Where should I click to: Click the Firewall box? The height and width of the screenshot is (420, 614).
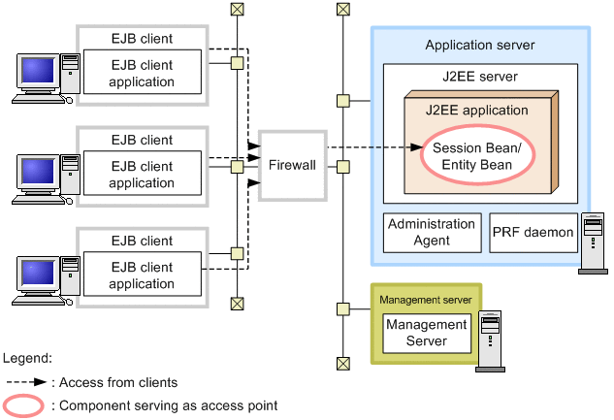click(292, 165)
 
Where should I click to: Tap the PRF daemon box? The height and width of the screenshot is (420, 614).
click(532, 233)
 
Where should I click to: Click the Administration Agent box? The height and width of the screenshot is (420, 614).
click(432, 233)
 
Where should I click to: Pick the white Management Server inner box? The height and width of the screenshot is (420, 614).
click(427, 334)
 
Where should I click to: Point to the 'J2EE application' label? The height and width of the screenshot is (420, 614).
click(476, 111)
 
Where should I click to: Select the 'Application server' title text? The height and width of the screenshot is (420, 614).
click(479, 46)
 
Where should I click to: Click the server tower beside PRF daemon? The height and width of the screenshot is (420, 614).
click(591, 243)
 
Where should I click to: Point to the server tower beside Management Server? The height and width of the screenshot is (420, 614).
click(489, 342)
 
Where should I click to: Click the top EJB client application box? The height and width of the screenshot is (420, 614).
click(142, 74)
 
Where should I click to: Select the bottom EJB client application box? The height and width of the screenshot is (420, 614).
click(142, 275)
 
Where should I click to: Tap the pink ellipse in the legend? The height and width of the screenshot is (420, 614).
click(25, 405)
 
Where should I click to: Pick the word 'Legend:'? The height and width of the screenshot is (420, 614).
click(28, 358)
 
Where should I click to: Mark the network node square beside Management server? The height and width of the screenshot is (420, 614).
click(341, 308)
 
